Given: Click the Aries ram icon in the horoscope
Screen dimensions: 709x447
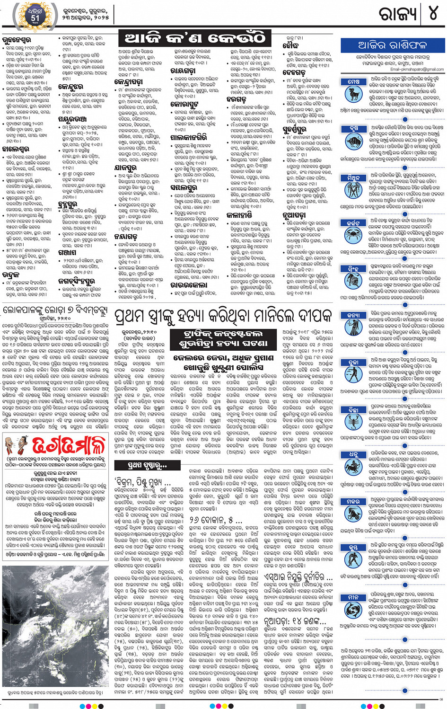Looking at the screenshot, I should point(353,94).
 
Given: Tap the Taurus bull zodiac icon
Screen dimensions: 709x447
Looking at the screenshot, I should point(353,141).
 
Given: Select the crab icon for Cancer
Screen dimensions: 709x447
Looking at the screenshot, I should point(353,233).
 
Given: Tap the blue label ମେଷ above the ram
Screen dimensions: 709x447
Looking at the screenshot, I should point(353,82).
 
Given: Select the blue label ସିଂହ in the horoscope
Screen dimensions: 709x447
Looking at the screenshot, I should point(353,268).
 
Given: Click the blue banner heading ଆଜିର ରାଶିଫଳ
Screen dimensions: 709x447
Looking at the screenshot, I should point(393,45).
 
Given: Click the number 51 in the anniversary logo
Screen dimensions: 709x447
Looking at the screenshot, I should point(35,18).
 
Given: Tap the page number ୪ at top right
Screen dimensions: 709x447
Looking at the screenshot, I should point(433,14).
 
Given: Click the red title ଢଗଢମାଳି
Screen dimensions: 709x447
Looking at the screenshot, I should point(69,445).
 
